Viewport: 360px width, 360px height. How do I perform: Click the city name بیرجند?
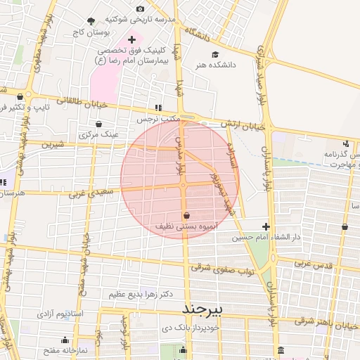[x=202, y=309]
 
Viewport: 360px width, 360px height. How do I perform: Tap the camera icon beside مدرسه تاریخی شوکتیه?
[x=139, y=8]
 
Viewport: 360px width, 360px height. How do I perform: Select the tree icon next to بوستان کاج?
[x=91, y=22]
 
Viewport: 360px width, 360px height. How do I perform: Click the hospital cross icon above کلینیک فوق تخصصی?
[x=131, y=39]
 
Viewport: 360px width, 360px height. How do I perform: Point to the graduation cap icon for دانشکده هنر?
[x=214, y=54]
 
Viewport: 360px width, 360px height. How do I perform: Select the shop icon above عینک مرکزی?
[x=97, y=123]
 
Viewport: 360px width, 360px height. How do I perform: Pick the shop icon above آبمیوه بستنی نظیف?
[x=186, y=215]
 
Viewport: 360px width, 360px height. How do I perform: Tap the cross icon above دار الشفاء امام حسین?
[x=266, y=226]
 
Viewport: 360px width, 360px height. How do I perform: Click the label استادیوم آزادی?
[x=59, y=311]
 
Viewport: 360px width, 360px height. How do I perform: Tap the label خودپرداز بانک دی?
[x=191, y=328]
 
